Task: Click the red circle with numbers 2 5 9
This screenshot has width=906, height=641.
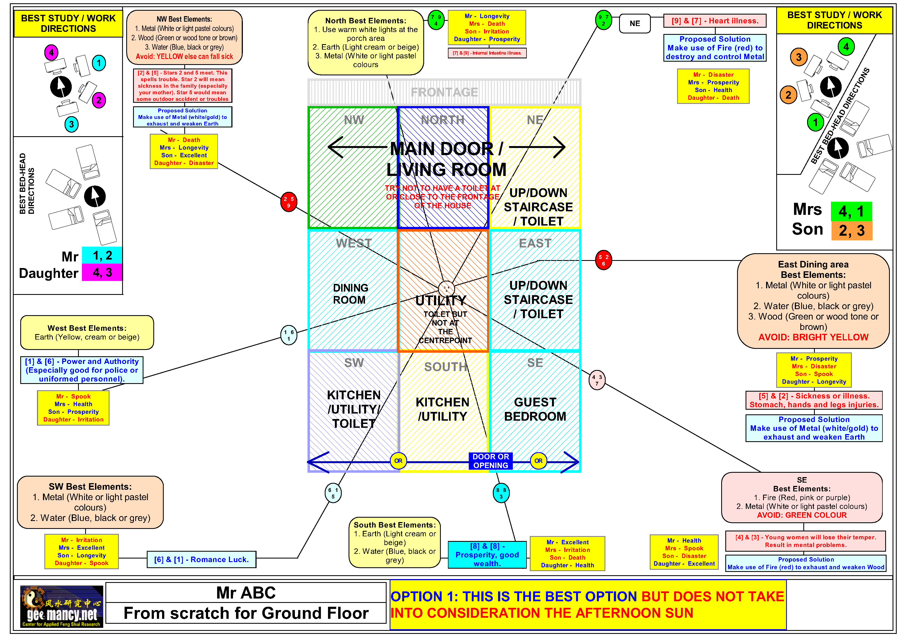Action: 289,202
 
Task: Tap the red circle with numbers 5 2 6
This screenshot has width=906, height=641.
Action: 603,260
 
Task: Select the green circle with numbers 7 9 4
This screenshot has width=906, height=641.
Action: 436,20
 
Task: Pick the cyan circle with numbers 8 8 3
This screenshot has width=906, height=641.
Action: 501,493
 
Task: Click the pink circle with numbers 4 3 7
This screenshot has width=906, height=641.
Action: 597,380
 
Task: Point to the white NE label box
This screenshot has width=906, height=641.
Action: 634,24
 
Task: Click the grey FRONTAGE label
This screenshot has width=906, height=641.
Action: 444,92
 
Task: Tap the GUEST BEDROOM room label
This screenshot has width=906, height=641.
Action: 535,409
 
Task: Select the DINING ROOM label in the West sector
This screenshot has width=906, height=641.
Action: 350,294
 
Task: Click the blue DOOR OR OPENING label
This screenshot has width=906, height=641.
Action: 490,461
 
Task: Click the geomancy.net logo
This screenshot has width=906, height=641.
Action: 62,606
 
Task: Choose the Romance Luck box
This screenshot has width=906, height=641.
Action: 201,559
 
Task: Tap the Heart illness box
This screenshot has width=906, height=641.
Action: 715,21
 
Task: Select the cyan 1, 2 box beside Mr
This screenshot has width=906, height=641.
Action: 102,255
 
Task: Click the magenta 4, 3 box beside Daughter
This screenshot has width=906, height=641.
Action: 102,272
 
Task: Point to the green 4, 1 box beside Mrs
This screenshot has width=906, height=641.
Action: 852,211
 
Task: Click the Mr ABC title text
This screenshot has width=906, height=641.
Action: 246,593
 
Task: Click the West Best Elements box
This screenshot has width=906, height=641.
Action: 87,332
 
